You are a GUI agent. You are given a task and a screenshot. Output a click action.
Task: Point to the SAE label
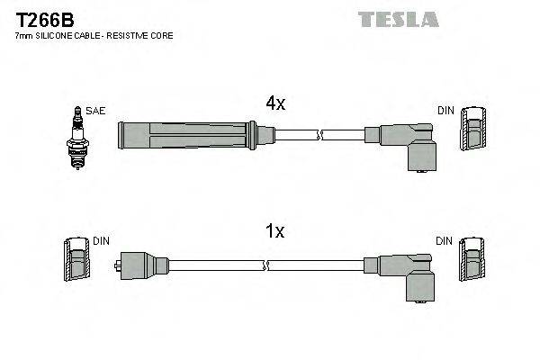96,111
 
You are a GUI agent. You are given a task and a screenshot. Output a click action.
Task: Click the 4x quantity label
274,103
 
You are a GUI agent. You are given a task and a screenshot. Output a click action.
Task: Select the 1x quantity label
274,231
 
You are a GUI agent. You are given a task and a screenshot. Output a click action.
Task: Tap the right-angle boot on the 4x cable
409,144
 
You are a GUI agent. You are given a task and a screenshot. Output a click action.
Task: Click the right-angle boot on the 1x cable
409,272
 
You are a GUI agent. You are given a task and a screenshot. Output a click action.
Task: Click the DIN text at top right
445,111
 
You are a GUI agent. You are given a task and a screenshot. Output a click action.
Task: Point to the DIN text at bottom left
101,241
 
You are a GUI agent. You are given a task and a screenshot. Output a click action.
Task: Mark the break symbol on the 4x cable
319,136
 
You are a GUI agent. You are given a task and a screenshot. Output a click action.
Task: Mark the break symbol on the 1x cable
265,265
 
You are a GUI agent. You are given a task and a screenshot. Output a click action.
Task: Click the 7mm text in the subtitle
24,35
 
